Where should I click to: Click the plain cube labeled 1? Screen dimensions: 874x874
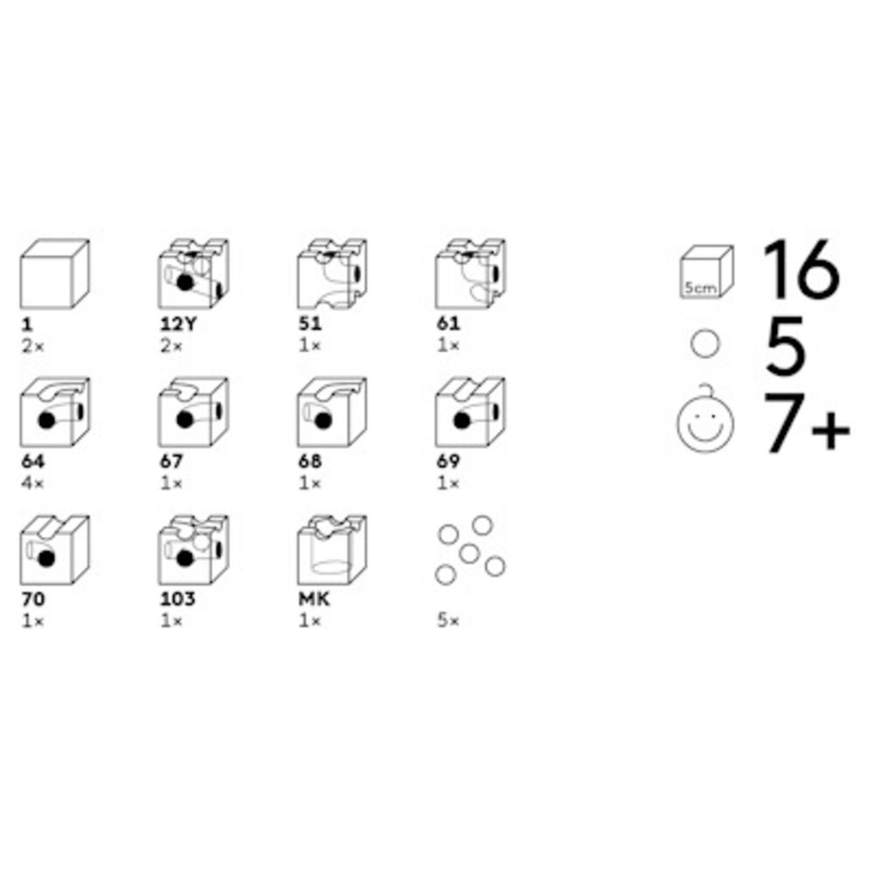[54, 274]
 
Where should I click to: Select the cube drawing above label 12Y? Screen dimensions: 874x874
[193, 274]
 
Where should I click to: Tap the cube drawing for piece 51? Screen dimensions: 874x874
[332, 274]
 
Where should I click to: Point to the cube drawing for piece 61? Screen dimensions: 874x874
[470, 274]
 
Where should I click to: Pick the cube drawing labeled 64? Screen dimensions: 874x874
[54, 413]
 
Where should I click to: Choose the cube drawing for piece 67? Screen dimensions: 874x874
[193, 413]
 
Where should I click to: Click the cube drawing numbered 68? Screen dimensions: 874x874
[332, 413]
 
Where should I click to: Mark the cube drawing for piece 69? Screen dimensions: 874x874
[470, 413]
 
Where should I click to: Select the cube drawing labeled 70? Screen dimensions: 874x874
[54, 550]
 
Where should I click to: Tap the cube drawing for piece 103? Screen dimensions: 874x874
[193, 550]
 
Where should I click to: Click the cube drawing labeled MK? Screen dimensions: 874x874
[332, 550]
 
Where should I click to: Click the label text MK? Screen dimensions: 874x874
[315, 600]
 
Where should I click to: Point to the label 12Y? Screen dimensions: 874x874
[179, 324]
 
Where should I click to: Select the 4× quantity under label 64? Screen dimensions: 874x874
[33, 483]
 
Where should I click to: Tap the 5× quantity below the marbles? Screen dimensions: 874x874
[448, 621]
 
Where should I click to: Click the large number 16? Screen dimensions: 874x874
[801, 269]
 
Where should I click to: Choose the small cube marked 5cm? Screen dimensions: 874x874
[707, 272]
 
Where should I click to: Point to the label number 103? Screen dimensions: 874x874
[177, 600]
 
